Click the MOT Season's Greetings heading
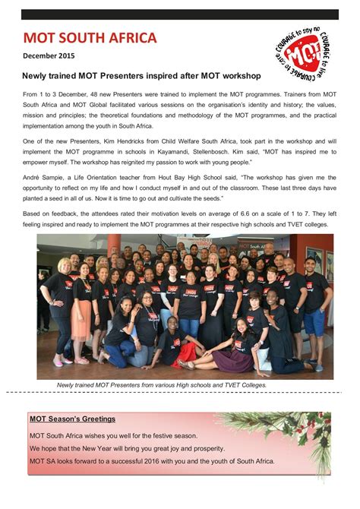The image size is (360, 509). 72,419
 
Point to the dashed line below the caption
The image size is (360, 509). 180,393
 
